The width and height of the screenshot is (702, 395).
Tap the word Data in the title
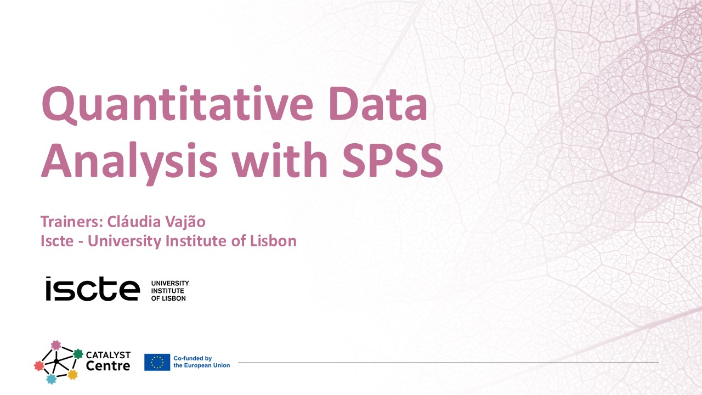tap(378, 105)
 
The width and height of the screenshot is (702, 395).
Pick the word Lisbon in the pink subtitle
tap(273, 240)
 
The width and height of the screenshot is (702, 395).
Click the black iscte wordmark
tap(93, 289)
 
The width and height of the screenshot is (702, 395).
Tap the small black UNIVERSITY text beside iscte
tap(169, 283)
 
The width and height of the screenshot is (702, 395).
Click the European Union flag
tap(157, 362)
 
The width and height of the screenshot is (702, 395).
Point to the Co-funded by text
tap(193, 358)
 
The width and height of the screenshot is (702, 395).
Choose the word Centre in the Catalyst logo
tap(108, 366)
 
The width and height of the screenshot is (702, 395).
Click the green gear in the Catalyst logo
tap(78, 354)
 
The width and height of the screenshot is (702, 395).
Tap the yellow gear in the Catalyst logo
tap(72, 375)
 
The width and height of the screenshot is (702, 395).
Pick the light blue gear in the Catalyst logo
tap(51, 379)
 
